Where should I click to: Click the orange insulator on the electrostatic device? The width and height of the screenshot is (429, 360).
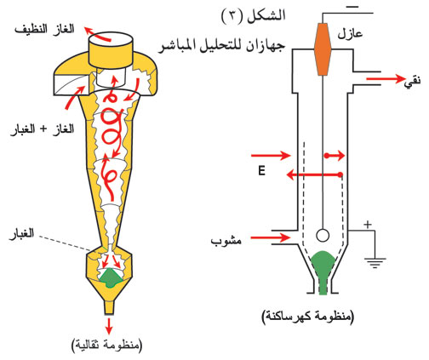[323, 49]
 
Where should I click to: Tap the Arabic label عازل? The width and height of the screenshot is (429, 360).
[350, 34]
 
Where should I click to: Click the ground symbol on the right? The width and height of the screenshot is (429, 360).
[375, 263]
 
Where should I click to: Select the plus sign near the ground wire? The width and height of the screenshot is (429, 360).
[368, 225]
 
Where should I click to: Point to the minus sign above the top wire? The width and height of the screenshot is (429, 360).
[352, 7]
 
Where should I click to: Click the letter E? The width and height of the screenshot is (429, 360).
[261, 171]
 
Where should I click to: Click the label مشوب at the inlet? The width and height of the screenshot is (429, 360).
[226, 242]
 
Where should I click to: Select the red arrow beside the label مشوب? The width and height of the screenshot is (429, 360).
[270, 237]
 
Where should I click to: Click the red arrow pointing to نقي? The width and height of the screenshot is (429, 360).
[385, 78]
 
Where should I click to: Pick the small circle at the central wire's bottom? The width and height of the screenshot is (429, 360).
[323, 235]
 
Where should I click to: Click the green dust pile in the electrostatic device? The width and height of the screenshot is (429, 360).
[323, 270]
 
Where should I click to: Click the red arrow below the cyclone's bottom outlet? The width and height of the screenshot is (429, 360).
[109, 326]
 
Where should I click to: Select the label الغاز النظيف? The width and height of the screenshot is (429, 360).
[44, 30]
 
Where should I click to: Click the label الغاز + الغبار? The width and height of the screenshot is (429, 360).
[42, 130]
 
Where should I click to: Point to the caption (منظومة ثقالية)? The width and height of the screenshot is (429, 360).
[108, 345]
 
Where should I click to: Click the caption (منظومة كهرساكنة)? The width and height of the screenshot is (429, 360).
[308, 317]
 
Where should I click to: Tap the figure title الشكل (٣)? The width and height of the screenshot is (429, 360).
[253, 15]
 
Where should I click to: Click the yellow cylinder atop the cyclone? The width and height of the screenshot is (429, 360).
[111, 49]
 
